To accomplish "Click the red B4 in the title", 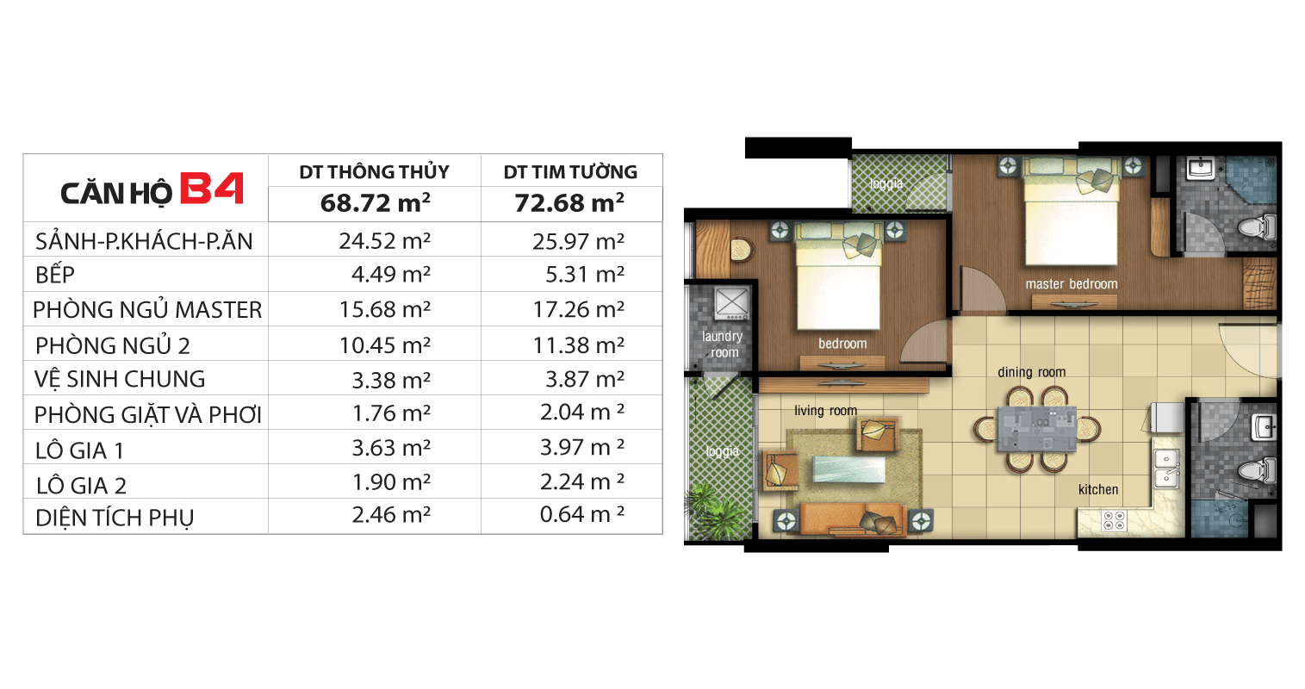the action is [x=212, y=188].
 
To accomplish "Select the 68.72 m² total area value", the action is [x=376, y=202].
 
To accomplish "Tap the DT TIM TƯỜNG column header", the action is [x=570, y=171].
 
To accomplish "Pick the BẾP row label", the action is [x=55, y=274].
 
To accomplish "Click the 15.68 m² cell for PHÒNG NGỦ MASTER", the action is [x=385, y=308].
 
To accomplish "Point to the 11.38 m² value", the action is [x=579, y=344].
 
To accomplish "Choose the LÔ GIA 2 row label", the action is [x=81, y=485].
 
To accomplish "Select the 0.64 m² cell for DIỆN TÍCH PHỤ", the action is [x=582, y=513].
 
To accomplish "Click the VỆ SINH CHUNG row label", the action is [x=120, y=379].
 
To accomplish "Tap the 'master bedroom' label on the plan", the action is [x=1072, y=283].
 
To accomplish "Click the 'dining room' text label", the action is [x=1032, y=371].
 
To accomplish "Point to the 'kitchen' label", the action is [x=1098, y=489].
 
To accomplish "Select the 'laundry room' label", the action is [x=723, y=344].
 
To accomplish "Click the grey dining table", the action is [x=1037, y=429].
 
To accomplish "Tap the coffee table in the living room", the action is [x=848, y=469].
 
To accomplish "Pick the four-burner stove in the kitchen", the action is [x=1114, y=520].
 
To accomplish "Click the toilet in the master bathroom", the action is [x=1257, y=227].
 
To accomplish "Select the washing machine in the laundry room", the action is [x=731, y=304].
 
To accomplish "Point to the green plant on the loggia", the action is [x=714, y=511].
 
